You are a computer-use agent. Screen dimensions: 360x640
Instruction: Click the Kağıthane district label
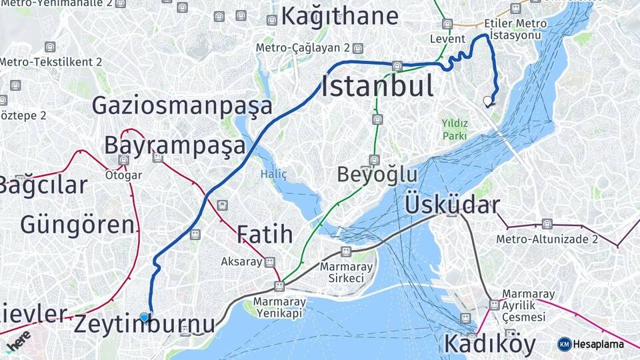click(339, 15)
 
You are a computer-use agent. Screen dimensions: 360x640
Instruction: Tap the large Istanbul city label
click(377, 87)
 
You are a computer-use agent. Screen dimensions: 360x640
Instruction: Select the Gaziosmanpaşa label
click(182, 105)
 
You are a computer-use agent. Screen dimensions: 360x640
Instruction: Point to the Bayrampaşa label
click(175, 145)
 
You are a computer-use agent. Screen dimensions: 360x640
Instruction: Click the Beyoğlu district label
click(377, 175)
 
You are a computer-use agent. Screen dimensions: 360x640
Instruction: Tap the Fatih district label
click(265, 234)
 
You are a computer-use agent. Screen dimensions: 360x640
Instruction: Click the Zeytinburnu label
click(145, 325)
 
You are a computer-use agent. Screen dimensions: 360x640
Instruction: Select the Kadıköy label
click(489, 344)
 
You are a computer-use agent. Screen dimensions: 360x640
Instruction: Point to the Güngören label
click(77, 225)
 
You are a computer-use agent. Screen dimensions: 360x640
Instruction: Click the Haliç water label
click(273, 174)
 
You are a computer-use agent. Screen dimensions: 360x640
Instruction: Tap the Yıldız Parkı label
click(455, 129)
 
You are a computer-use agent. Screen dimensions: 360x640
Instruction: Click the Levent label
click(447, 39)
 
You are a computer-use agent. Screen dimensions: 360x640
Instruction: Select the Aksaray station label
click(241, 261)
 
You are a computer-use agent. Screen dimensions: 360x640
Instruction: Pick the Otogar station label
click(123, 175)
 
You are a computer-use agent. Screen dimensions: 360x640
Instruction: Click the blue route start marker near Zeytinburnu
click(144, 317)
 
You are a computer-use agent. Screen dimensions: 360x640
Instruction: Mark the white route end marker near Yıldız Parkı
click(489, 102)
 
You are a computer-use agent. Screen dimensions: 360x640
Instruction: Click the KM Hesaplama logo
click(591, 344)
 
